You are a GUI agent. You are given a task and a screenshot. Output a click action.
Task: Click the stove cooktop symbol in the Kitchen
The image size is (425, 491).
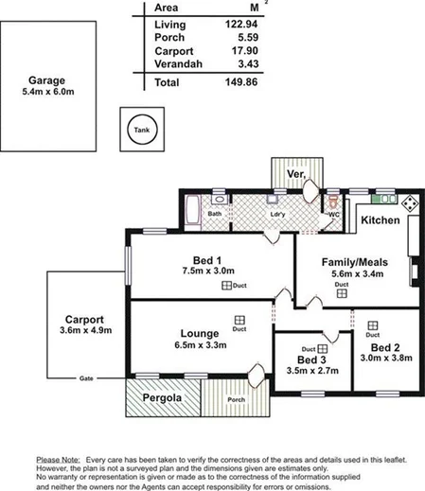click(408, 202)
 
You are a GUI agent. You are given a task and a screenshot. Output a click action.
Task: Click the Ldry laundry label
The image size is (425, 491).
click(277, 215)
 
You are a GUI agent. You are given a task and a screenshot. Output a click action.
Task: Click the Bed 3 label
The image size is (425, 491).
click(311, 360)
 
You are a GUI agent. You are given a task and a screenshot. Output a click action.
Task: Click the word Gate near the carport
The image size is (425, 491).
click(86, 378)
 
